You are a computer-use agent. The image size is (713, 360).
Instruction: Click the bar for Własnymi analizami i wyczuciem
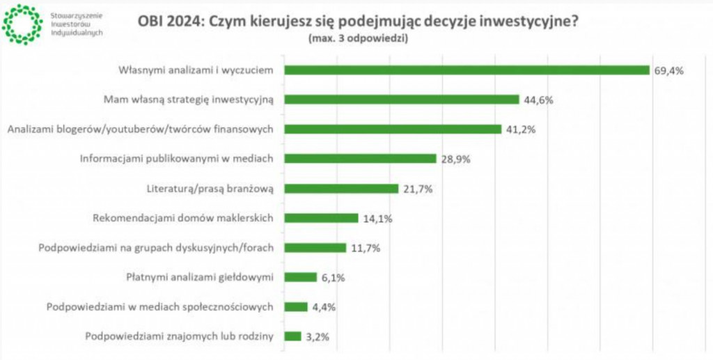coord(467,70)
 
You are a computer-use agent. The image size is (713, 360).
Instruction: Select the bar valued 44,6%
coord(402,100)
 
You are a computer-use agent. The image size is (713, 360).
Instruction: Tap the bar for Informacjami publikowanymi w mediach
coord(360,159)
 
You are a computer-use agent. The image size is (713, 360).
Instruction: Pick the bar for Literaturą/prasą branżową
coord(341,189)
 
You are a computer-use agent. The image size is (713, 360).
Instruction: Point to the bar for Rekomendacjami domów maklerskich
coord(321,218)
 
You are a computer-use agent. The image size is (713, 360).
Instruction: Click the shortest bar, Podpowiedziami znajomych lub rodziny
coord(292,336)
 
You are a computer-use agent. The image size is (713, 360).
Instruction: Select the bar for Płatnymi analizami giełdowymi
coord(300,277)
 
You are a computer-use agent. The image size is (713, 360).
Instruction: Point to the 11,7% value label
coord(364,248)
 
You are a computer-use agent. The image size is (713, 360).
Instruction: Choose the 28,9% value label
coord(455,159)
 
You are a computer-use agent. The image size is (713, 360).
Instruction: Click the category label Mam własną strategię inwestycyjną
coord(188,100)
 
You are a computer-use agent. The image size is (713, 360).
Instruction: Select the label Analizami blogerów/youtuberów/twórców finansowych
coord(139,130)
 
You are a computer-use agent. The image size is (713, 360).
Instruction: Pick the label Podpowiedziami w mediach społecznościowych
coord(159,307)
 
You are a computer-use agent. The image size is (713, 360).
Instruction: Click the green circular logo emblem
coord(22,23)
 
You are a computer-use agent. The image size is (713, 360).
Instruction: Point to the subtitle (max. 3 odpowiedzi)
coord(357,39)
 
